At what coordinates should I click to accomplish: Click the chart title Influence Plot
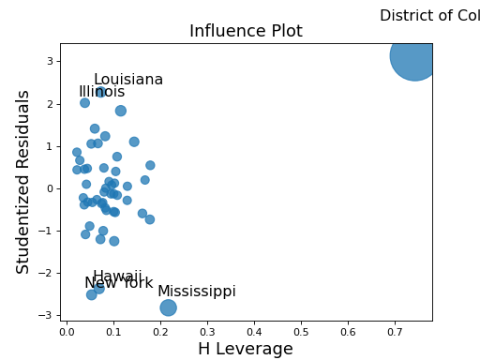[246, 31]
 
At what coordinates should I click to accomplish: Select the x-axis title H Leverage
[246, 349]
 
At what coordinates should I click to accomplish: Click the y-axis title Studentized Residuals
[24, 182]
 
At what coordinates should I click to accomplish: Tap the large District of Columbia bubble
[412, 56]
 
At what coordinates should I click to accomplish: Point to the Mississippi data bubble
[168, 307]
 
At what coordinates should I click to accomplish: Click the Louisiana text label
[128, 80]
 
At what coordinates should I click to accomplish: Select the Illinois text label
[101, 92]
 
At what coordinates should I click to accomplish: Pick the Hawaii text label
[117, 277]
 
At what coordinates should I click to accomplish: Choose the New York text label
[118, 283]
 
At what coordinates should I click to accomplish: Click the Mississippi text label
[196, 292]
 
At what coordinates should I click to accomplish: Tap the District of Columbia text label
[429, 16]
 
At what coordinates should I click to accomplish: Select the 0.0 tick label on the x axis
[67, 331]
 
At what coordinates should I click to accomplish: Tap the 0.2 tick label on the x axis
[160, 331]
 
